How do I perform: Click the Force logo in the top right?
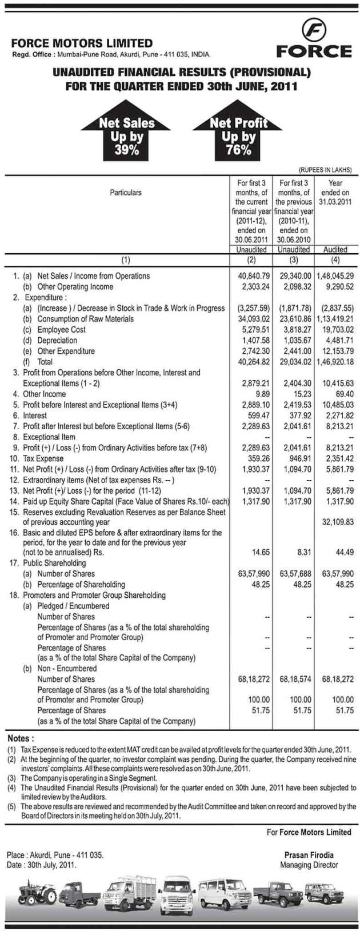(313, 39)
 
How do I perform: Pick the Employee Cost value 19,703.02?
(335, 330)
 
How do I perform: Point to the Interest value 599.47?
(254, 415)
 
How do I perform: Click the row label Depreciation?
(57, 341)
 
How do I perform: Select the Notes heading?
(21, 738)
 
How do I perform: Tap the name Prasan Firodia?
(309, 855)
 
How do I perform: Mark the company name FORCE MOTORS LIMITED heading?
(82, 43)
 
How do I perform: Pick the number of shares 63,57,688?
(293, 574)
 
